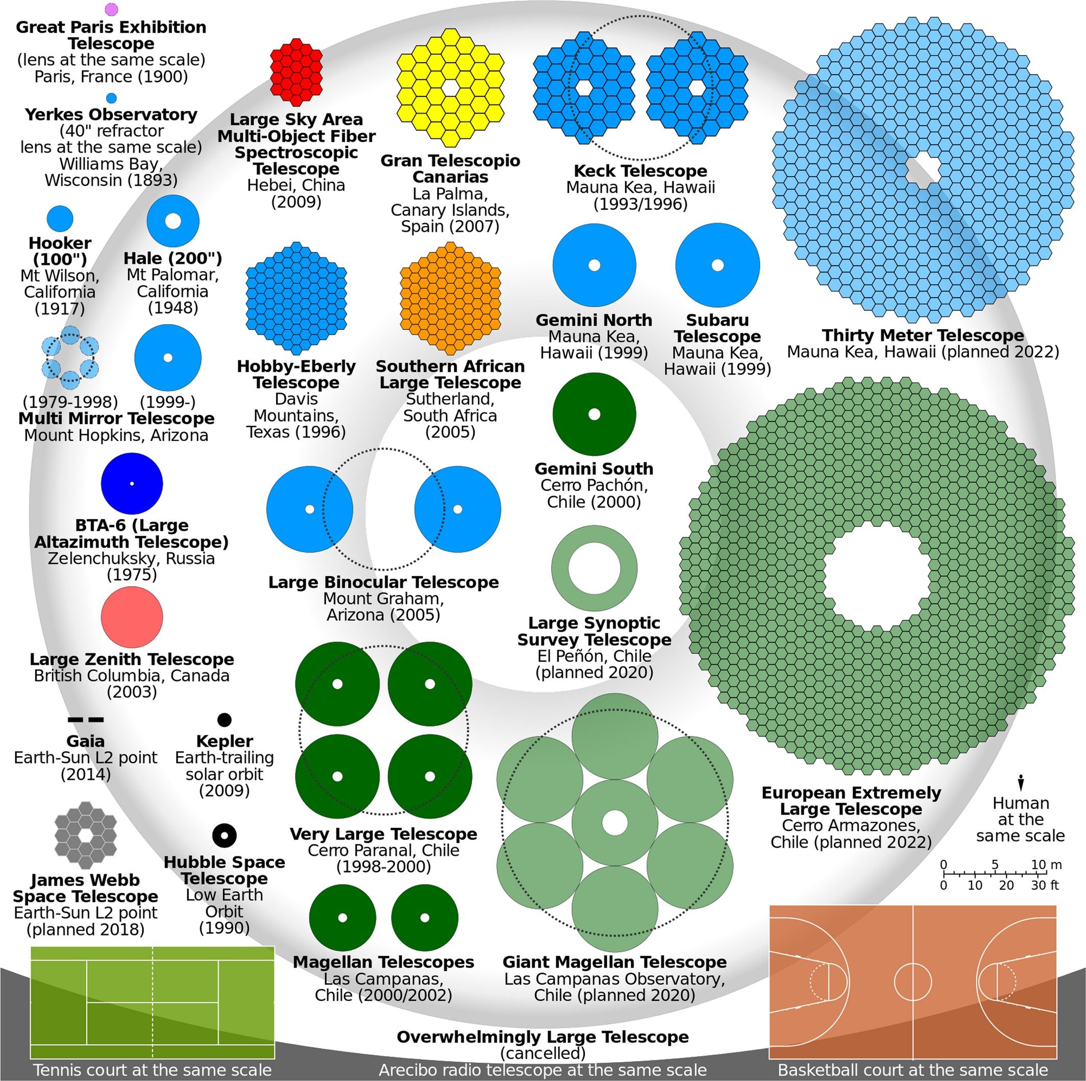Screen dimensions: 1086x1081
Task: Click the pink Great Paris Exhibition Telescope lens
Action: point(112,9)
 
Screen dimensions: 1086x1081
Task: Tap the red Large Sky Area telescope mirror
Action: point(296,72)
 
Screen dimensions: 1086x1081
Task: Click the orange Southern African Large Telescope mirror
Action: point(450,298)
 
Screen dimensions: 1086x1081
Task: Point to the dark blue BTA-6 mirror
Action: point(132,483)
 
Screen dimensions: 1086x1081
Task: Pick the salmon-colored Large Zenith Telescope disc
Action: point(132,617)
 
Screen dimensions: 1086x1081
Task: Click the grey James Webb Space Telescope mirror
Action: point(85,835)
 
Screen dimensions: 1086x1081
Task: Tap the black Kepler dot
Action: point(224,720)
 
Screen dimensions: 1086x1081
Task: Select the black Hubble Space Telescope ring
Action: point(224,835)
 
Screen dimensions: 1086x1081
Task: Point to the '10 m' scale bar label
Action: point(1046,865)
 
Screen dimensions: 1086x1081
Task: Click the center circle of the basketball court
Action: point(913,982)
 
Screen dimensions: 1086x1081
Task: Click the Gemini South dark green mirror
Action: point(594,414)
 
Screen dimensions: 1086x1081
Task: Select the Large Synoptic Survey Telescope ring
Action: point(594,569)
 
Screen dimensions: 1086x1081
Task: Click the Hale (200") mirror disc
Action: point(173,221)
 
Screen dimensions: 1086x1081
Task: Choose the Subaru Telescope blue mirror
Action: point(717,265)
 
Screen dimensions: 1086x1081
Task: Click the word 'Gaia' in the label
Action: point(85,742)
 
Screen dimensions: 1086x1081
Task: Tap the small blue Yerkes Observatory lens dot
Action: point(111,98)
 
